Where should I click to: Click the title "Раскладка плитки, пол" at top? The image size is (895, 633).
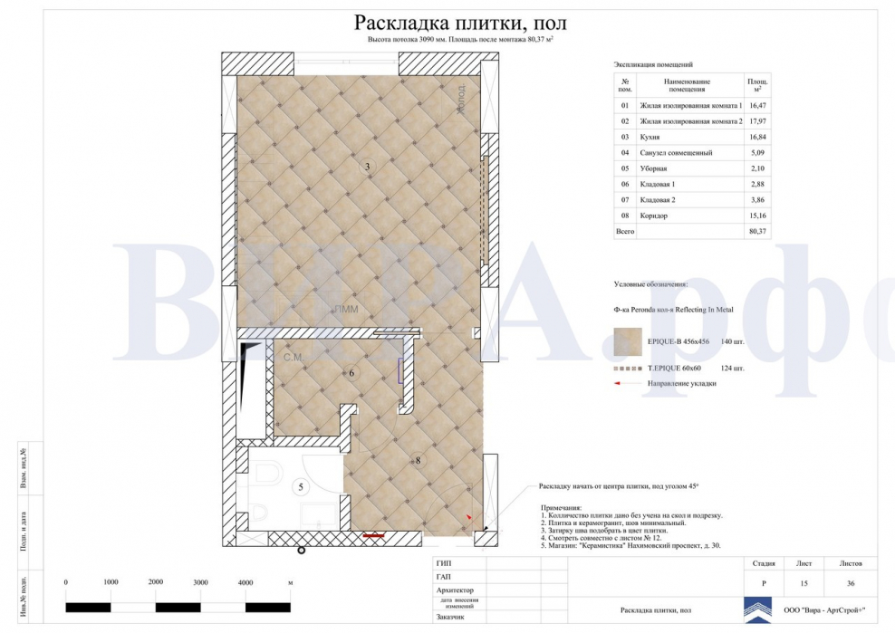click(x=460, y=23)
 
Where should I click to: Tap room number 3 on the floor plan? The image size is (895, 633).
click(x=367, y=167)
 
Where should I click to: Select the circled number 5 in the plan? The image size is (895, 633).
click(x=303, y=487)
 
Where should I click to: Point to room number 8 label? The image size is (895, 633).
click(x=418, y=461)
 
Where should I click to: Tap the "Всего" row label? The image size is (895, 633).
click(x=625, y=232)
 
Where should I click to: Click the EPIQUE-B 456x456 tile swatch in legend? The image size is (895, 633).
click(x=627, y=341)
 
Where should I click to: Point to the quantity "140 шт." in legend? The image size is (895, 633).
click(x=732, y=342)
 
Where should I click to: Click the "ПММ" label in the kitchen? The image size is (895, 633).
click(x=345, y=309)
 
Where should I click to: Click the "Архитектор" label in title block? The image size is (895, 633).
click(x=455, y=590)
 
